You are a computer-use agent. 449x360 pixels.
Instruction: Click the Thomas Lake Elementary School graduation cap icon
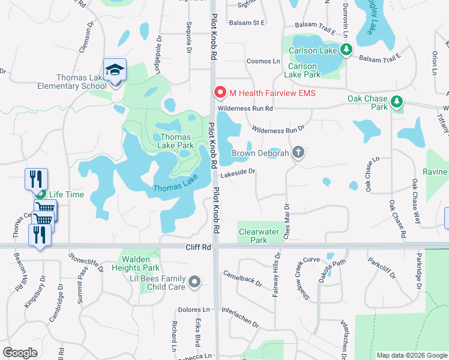click(x=115, y=70)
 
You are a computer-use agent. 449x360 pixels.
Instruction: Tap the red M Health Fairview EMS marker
click(x=220, y=93)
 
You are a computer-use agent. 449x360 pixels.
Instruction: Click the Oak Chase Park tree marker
click(x=396, y=103)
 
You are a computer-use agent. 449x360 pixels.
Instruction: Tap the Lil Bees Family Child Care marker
click(x=194, y=281)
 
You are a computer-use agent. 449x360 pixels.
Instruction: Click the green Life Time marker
click(x=40, y=195)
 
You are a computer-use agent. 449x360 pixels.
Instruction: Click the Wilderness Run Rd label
click(x=245, y=109)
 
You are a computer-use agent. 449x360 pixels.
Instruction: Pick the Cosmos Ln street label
click(x=264, y=61)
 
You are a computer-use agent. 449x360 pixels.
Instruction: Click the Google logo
click(x=20, y=352)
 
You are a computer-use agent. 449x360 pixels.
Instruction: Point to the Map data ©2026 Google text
click(x=411, y=355)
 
